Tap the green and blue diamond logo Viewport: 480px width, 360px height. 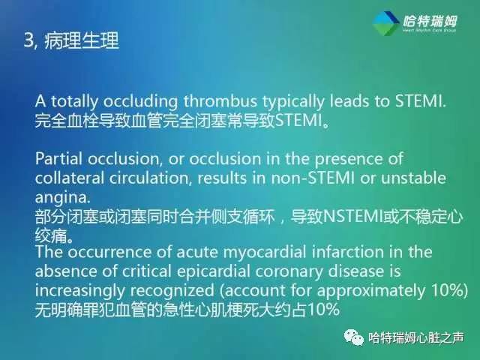pyautogui.click(x=387, y=25)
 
